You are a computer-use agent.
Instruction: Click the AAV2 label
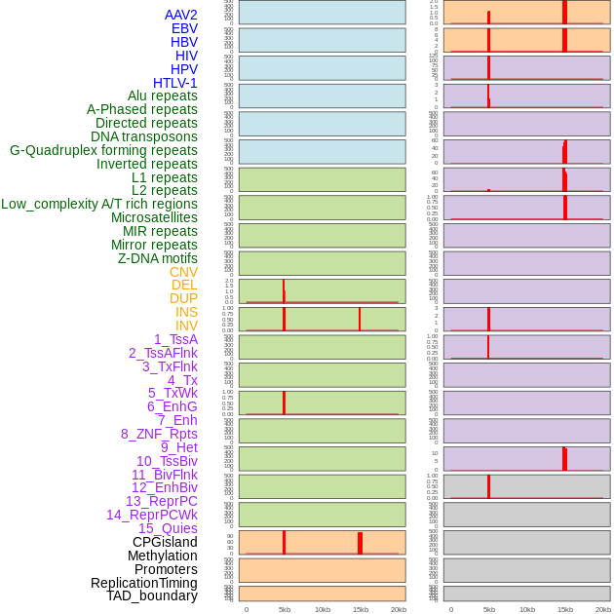(x=180, y=15)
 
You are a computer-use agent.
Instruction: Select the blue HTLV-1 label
(x=174, y=83)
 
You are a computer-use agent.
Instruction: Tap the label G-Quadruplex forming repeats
(x=103, y=150)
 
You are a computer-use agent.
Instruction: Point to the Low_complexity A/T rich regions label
(x=98, y=204)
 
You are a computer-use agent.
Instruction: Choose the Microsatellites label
(x=154, y=217)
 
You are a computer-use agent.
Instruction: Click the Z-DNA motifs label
(x=157, y=258)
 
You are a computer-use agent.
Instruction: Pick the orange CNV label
(x=183, y=272)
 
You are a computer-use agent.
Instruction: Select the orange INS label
(x=186, y=312)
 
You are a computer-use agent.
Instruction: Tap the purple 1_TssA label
(x=175, y=339)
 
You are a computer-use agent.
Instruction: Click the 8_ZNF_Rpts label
(x=159, y=434)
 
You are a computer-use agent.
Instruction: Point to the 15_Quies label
(x=168, y=528)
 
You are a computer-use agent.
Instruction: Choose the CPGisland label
(x=165, y=542)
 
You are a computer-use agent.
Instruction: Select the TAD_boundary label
(x=152, y=595)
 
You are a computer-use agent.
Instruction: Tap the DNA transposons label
(x=144, y=136)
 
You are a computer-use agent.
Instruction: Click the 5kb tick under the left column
(x=285, y=609)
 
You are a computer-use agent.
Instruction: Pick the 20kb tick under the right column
(x=603, y=609)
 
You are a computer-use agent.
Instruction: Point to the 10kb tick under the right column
(x=527, y=609)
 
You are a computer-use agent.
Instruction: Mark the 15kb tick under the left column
(x=360, y=609)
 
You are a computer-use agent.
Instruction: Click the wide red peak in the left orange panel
(x=360, y=543)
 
